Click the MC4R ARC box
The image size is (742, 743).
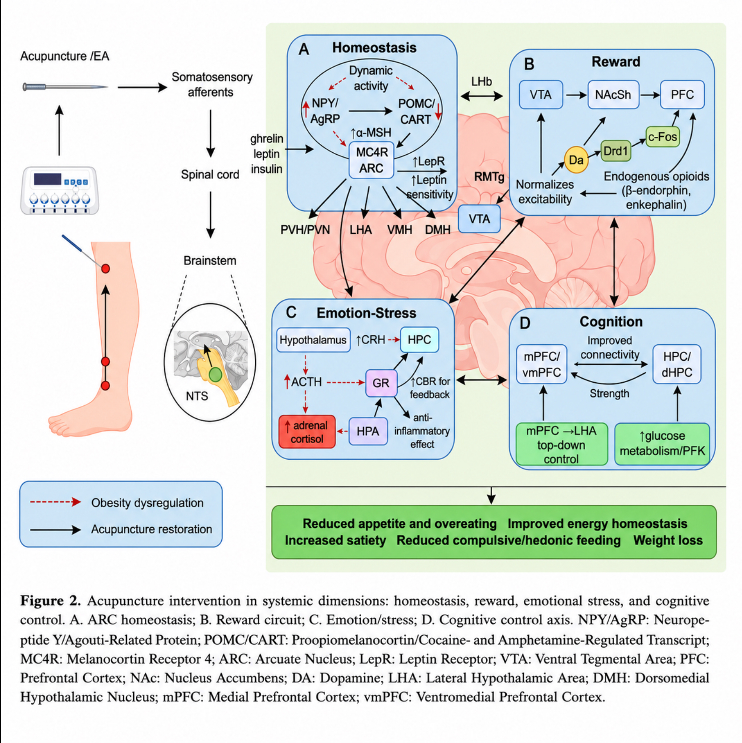(x=371, y=160)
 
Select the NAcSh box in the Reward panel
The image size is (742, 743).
(x=613, y=94)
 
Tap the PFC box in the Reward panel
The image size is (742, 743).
(x=682, y=94)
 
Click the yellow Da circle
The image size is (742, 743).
(x=576, y=159)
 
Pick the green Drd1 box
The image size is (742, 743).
(x=616, y=151)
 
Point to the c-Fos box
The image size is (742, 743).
(x=662, y=137)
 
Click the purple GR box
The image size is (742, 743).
(x=381, y=383)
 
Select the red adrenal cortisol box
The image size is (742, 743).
(x=307, y=432)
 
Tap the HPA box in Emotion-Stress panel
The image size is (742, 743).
(x=368, y=431)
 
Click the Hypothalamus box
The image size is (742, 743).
(x=313, y=340)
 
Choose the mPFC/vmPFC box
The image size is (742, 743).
(x=542, y=364)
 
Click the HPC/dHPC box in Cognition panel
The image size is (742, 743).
(x=677, y=364)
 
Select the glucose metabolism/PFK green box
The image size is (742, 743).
(x=662, y=444)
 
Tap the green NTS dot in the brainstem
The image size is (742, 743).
(x=216, y=374)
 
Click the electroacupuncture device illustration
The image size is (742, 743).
(x=60, y=190)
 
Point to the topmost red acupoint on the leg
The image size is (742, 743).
(x=105, y=269)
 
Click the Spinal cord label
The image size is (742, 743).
(x=210, y=174)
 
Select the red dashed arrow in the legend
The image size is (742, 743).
(x=55, y=502)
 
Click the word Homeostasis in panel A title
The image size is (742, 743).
(x=374, y=48)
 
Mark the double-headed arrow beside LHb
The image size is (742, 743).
(x=482, y=95)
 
